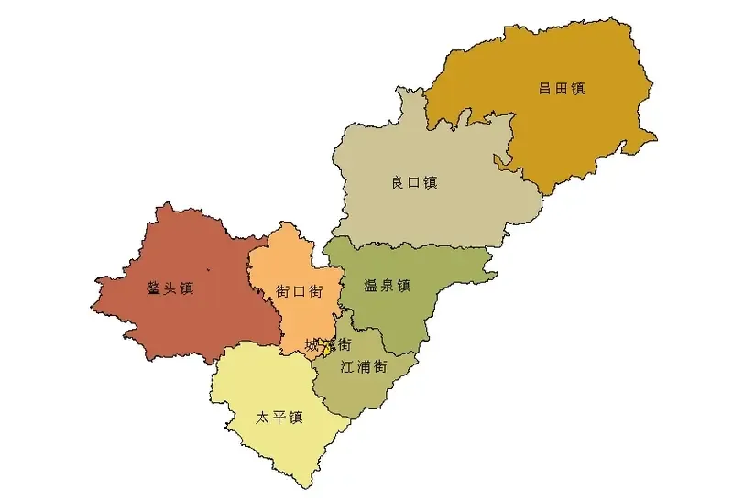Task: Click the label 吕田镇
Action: pyautogui.click(x=562, y=89)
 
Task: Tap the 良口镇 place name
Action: pyautogui.click(x=414, y=182)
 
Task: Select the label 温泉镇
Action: pyautogui.click(x=386, y=285)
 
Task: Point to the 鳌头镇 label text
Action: pyautogui.click(x=170, y=288)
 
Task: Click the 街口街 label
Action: pyautogui.click(x=299, y=291)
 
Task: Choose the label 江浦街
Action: pyautogui.click(x=363, y=366)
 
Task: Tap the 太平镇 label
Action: pyautogui.click(x=279, y=418)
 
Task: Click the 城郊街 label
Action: pyautogui.click(x=328, y=345)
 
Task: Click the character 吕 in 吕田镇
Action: pyautogui.click(x=545, y=89)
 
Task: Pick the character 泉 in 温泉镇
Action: pyautogui.click(x=386, y=285)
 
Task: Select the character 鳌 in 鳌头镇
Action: pyautogui.click(x=154, y=288)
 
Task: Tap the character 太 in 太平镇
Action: pyautogui.click(x=263, y=418)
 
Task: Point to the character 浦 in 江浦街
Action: pyautogui.click(x=363, y=366)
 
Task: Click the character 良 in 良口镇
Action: pyautogui.click(x=398, y=182)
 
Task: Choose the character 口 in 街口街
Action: pyautogui.click(x=299, y=291)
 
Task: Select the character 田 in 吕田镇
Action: pyautogui.click(x=562, y=89)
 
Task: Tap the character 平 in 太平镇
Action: pyautogui.click(x=279, y=418)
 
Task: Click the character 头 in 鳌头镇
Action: pyautogui.click(x=170, y=288)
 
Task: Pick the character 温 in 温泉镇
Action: pyautogui.click(x=369, y=285)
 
